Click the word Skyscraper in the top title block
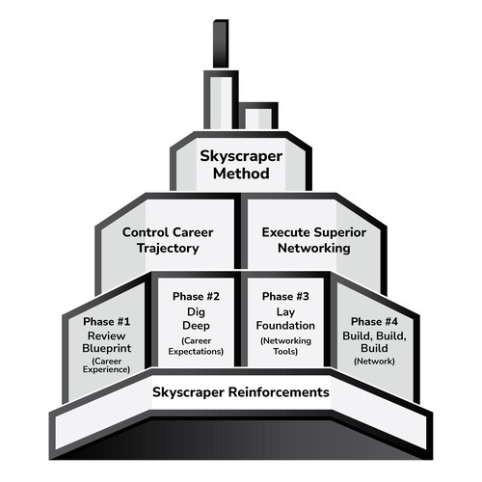click(x=241, y=157)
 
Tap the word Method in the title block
click(x=241, y=174)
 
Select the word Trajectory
click(x=168, y=249)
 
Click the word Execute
click(x=286, y=232)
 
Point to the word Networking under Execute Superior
click(x=314, y=249)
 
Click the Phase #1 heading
click(x=106, y=321)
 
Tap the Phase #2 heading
click(x=196, y=296)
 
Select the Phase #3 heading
click(x=285, y=296)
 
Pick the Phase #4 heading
click(x=374, y=321)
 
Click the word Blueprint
click(x=106, y=349)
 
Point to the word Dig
click(x=196, y=312)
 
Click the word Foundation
click(x=285, y=326)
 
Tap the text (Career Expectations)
click(x=196, y=346)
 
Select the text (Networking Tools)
click(x=285, y=346)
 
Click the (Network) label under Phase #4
click(x=374, y=361)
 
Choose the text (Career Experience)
click(x=106, y=365)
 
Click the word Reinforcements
click(x=279, y=392)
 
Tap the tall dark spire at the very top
click(x=221, y=43)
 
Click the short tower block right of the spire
click(x=258, y=116)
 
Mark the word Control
click(x=146, y=232)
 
